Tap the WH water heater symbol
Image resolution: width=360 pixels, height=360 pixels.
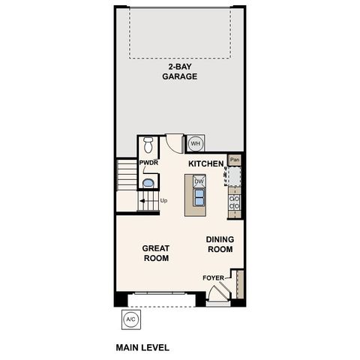click(x=196, y=143)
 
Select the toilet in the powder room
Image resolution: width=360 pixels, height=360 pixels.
click(x=148, y=144)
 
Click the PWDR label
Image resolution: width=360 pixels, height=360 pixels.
click(x=147, y=163)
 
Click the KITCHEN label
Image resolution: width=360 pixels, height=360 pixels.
click(x=205, y=163)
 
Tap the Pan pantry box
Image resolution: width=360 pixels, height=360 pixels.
click(x=235, y=159)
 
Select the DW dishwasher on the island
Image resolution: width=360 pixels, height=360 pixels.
click(x=199, y=181)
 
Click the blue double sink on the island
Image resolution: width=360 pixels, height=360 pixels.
click(x=199, y=197)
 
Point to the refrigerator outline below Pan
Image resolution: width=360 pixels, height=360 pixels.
click(x=235, y=175)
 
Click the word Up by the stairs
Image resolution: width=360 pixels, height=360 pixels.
click(x=163, y=200)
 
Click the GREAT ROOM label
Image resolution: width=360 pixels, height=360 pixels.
click(x=155, y=253)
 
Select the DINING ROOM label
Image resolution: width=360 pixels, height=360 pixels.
click(x=220, y=244)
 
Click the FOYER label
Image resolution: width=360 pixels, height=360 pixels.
click(x=213, y=278)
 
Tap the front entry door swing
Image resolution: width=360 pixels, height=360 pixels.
click(x=217, y=297)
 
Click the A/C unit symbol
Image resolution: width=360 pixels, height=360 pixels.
click(x=131, y=319)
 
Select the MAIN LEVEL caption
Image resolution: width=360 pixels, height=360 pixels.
click(x=142, y=347)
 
